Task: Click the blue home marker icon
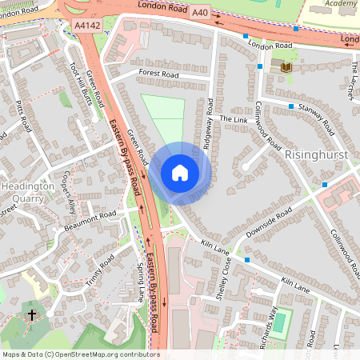[180, 173]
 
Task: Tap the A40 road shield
[199, 12]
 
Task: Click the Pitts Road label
[23, 117]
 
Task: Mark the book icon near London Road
[286, 66]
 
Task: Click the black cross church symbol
[32, 315]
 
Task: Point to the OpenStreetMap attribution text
[80, 354]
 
